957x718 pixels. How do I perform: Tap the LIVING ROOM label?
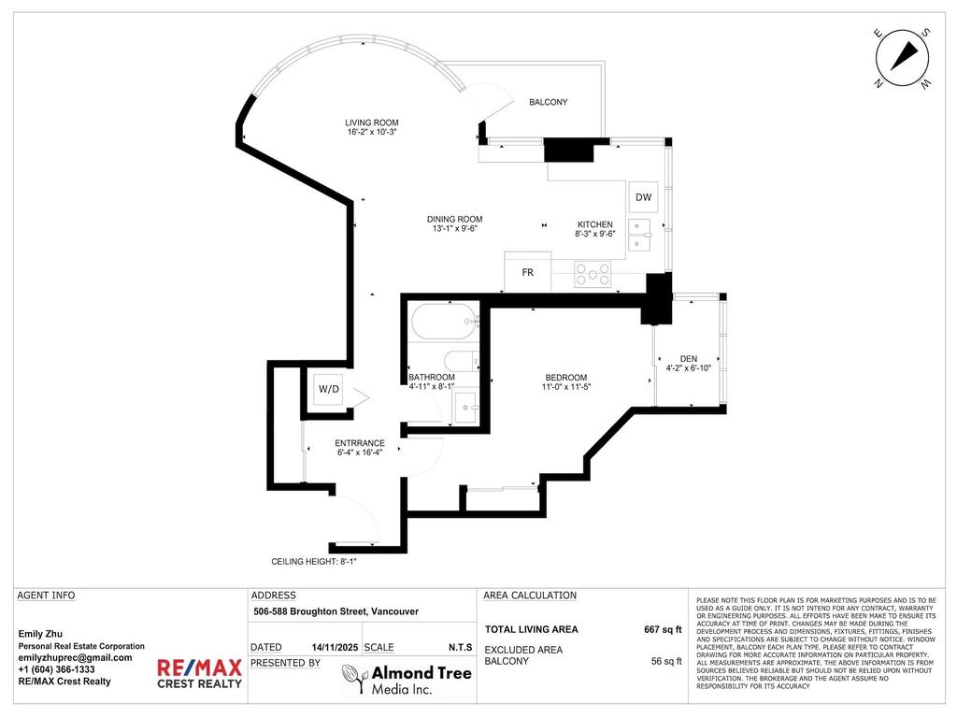[372, 122]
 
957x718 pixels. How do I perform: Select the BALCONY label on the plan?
[548, 102]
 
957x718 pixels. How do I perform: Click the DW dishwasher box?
[643, 197]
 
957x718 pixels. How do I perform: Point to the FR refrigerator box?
[527, 273]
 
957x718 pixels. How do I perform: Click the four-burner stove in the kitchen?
[593, 274]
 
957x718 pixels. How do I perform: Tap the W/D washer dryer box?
[328, 388]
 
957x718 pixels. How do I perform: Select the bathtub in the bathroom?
[445, 322]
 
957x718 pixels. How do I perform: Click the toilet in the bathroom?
[461, 361]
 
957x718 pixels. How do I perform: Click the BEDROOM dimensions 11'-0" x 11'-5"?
[567, 386]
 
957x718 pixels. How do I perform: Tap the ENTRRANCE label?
[360, 443]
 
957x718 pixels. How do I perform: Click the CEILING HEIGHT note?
[314, 562]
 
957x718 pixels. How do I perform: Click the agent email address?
[76, 657]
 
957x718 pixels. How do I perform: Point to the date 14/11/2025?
[335, 647]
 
